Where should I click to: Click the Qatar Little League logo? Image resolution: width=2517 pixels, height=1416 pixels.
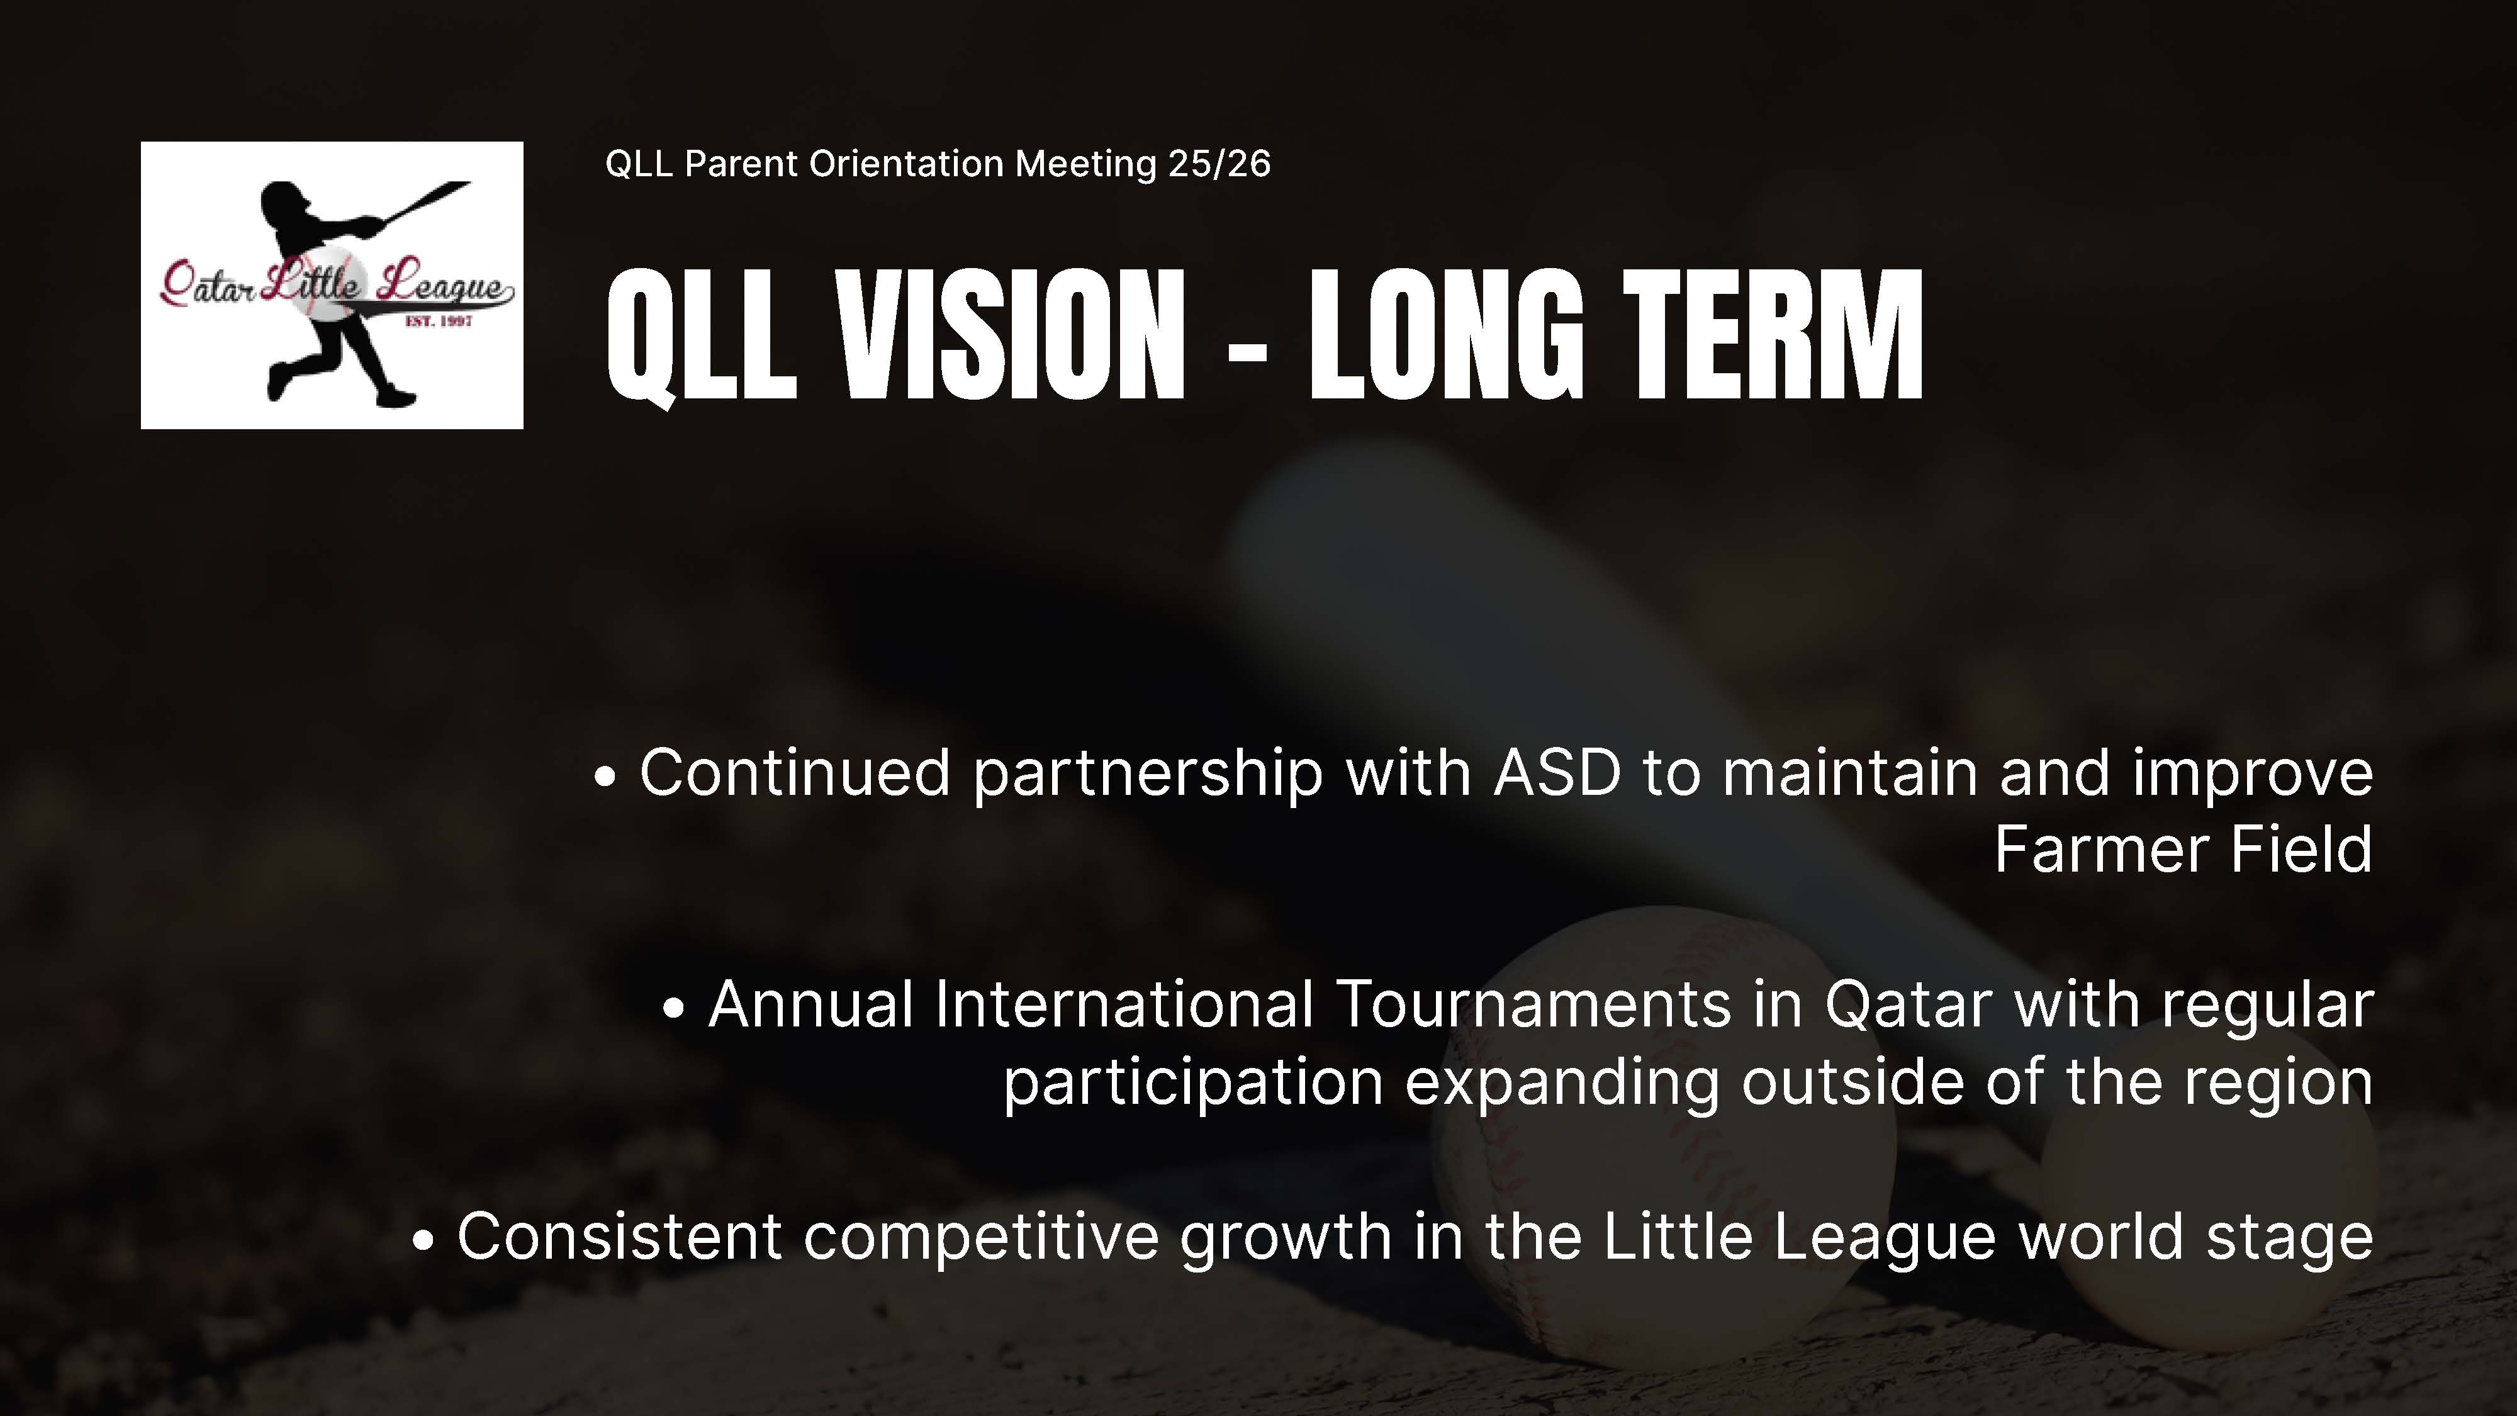point(332,285)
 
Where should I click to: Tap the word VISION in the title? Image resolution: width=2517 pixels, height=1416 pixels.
point(1011,335)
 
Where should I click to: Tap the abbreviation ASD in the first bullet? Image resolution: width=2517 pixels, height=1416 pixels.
point(1557,773)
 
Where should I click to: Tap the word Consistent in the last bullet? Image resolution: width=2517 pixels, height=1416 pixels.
point(619,1236)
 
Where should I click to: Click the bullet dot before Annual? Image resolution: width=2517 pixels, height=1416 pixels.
point(674,1009)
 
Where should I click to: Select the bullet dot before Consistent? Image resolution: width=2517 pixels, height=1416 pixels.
point(423,1241)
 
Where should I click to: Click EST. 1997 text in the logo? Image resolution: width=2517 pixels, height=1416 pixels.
point(439,320)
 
